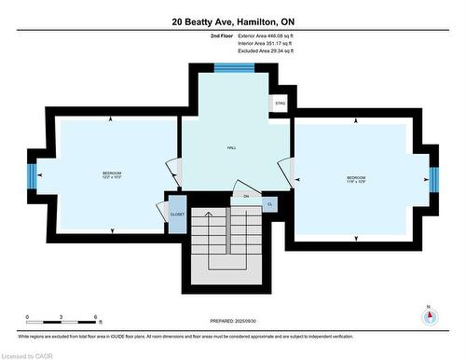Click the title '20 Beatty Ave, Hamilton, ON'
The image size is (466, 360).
(232, 20)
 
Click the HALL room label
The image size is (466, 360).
(231, 148)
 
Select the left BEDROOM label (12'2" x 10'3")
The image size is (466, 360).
(112, 175)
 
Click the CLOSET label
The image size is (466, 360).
(177, 214)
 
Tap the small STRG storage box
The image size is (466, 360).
(279, 104)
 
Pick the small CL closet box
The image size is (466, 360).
(269, 203)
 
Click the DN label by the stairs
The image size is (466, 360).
(246, 197)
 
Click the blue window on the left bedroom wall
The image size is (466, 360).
(31, 175)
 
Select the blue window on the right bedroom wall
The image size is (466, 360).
(433, 177)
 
